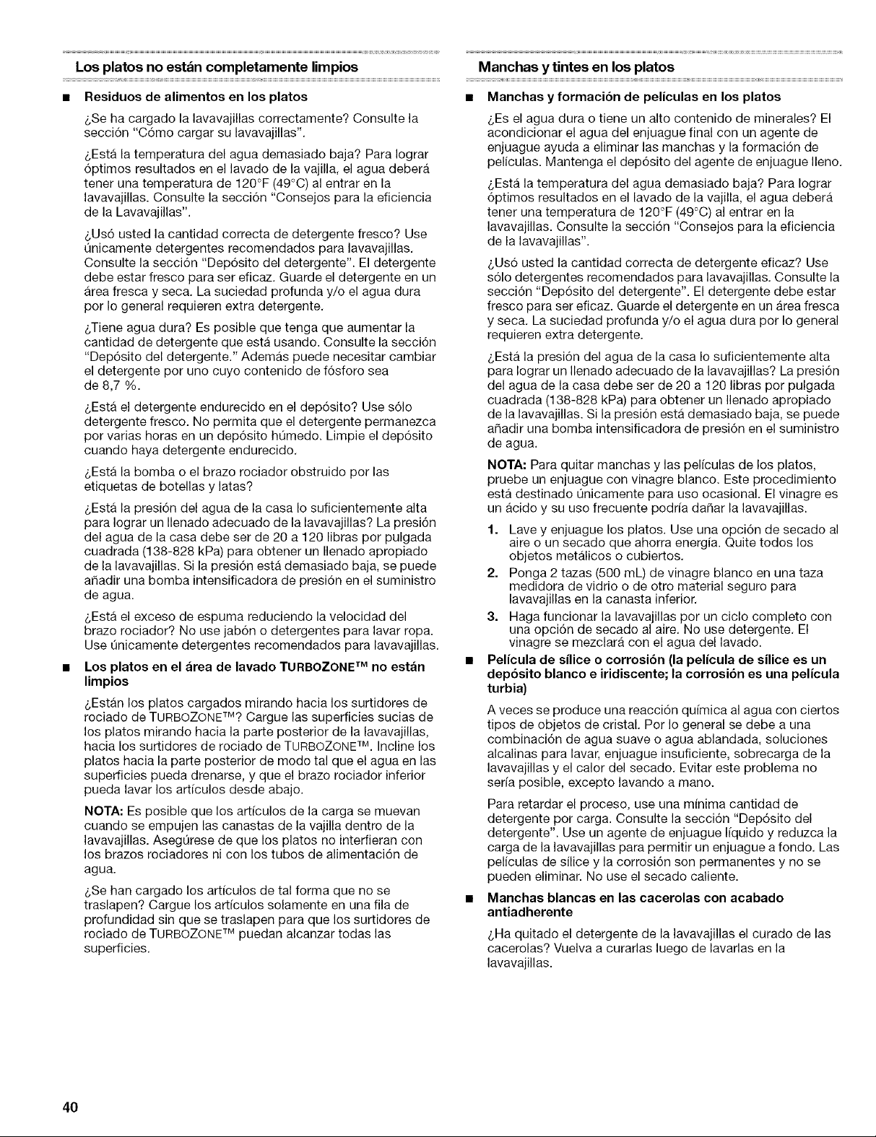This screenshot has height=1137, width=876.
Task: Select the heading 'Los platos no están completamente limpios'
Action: [x=212, y=67]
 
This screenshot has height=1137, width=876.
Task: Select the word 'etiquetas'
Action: [x=108, y=485]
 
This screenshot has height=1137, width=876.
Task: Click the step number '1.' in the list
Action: [x=492, y=529]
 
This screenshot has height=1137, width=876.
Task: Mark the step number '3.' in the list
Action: [x=492, y=616]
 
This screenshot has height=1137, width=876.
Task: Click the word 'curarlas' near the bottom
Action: [x=622, y=948]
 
